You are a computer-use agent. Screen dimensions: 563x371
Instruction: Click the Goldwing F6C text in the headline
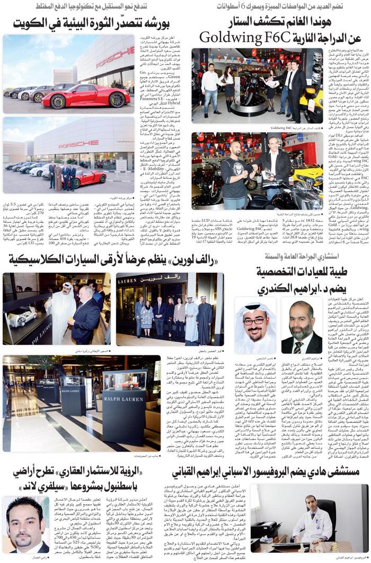click(x=247, y=38)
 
